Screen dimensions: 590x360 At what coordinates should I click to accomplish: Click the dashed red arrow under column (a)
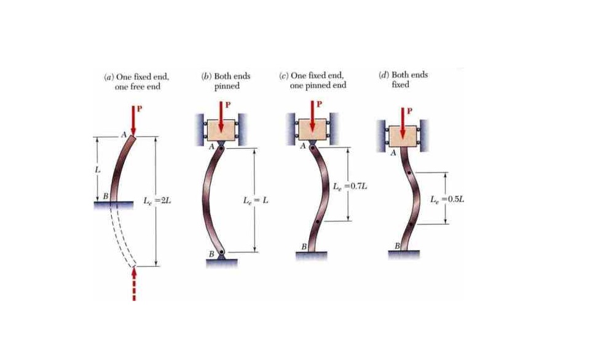[x=134, y=284]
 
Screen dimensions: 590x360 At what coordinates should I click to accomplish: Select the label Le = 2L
[x=157, y=201]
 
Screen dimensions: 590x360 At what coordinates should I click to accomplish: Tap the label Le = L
[x=256, y=200]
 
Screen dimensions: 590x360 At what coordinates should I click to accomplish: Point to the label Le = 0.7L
[x=350, y=186]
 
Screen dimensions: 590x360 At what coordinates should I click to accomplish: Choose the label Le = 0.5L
[x=447, y=199]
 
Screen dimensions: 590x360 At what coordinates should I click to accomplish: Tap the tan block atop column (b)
[x=221, y=130]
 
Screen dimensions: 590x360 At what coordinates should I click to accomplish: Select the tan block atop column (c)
[x=312, y=130]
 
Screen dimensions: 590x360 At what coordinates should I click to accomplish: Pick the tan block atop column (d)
[x=403, y=136]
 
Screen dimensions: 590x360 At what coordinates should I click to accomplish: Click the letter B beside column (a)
[x=106, y=196]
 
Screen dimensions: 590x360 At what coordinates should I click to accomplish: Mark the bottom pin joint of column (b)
[x=222, y=252]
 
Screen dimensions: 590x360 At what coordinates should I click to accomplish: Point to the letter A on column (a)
[x=124, y=135]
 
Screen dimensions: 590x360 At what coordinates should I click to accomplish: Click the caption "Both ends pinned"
[x=226, y=81]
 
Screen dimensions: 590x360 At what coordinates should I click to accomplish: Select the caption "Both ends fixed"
[x=403, y=79]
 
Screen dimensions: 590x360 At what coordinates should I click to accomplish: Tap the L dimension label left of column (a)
[x=98, y=170]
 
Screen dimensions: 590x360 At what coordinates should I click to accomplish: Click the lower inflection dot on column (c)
[x=318, y=221]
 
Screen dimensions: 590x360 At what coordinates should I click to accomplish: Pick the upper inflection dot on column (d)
[x=409, y=173]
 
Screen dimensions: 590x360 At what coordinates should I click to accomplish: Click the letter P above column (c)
[x=320, y=104]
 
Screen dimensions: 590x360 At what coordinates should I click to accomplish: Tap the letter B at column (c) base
[x=304, y=247]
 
